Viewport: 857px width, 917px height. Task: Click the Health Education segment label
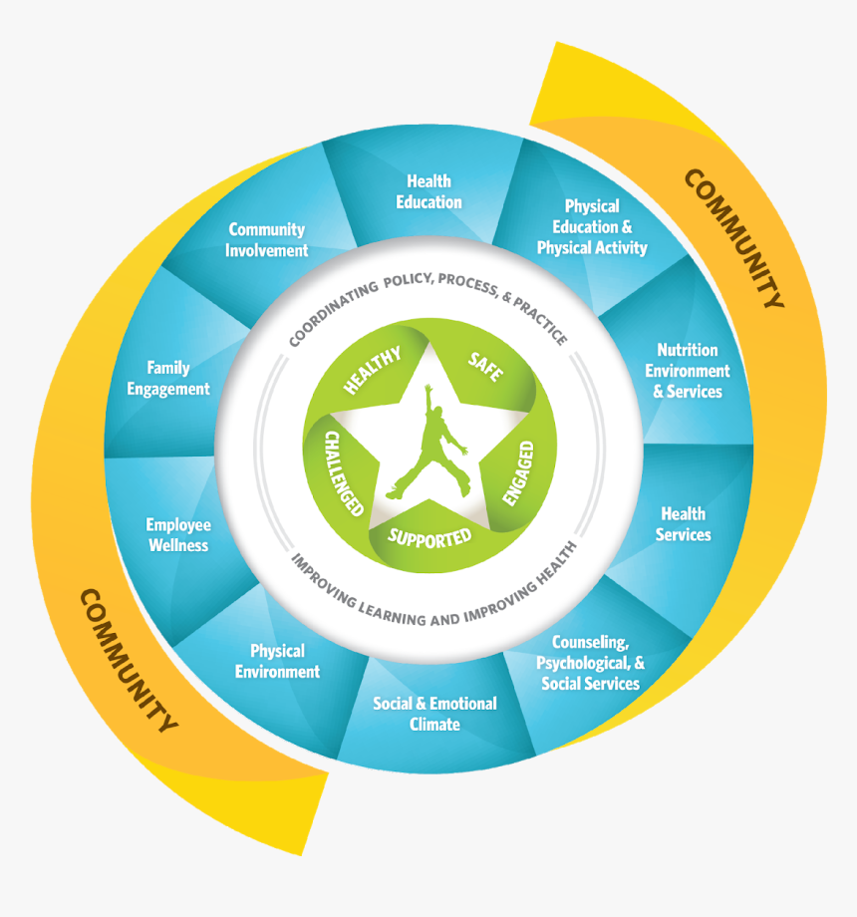[428, 191]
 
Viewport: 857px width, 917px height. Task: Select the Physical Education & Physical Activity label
[592, 227]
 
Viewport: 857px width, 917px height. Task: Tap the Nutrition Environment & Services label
[687, 371]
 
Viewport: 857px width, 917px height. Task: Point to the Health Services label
[683, 524]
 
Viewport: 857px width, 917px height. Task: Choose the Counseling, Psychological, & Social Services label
[590, 663]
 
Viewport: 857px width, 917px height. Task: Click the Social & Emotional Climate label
[434, 714]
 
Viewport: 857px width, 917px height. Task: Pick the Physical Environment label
[277, 661]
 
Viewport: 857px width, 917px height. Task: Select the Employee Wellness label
[178, 534]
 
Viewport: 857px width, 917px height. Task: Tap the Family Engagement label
[168, 378]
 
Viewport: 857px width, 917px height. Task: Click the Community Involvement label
[267, 240]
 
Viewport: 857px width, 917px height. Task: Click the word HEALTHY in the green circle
[372, 370]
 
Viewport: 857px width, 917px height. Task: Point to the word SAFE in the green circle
[485, 367]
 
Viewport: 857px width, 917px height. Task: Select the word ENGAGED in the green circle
[519, 473]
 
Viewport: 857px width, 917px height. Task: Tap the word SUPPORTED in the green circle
[429, 538]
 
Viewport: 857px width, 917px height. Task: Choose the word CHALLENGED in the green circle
[344, 473]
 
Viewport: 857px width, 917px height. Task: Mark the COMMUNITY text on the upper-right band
[734, 238]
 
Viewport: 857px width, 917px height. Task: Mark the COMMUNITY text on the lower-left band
[129, 661]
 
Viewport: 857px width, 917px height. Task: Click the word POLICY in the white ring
[408, 281]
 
